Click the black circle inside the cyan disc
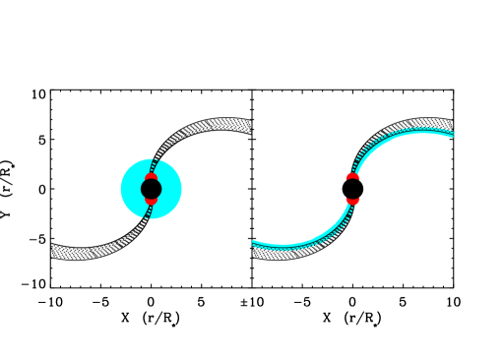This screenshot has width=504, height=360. tap(151, 189)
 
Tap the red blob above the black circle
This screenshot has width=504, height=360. tap(152, 177)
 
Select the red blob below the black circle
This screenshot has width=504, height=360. tap(151, 201)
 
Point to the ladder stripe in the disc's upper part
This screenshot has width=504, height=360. tap(154, 166)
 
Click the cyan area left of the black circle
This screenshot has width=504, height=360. tap(131, 189)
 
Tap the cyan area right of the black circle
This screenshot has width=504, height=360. tap(170, 189)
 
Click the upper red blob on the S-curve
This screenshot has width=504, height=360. tap(352, 178)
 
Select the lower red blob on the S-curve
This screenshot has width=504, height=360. tap(352, 199)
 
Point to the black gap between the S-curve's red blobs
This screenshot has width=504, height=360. tap(352, 189)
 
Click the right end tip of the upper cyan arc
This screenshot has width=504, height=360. tap(454, 134)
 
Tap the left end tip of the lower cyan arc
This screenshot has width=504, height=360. tap(253, 243)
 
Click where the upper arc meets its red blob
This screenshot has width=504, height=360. tap(354, 172)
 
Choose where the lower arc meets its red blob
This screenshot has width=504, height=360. tap(350, 205)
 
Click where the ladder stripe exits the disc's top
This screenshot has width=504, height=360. tap(156, 159)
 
